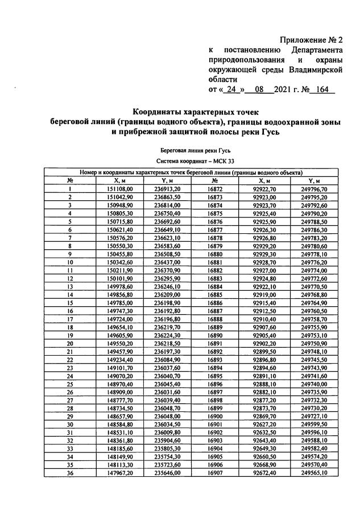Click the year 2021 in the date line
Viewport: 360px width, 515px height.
point(282,90)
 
